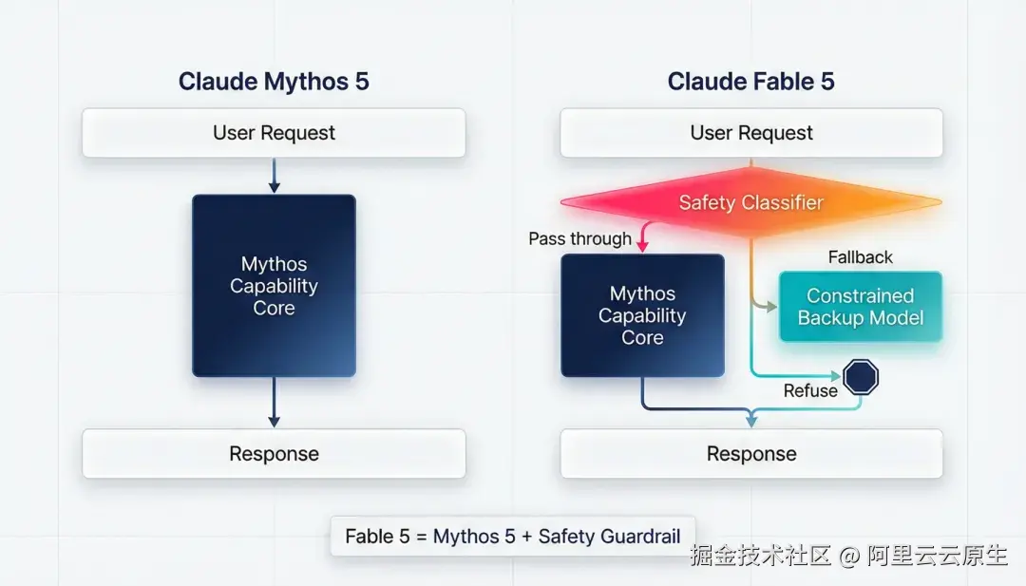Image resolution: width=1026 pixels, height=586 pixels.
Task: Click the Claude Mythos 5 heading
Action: pos(274,82)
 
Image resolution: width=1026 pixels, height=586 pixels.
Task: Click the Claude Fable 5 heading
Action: pos(751,82)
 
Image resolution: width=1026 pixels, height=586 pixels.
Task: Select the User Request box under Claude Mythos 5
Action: pos(275,133)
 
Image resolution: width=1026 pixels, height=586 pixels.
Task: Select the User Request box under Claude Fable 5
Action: pos(751,133)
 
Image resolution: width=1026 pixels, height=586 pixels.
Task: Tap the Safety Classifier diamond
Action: pos(751,202)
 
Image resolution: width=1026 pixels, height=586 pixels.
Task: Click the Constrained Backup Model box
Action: pos(861,307)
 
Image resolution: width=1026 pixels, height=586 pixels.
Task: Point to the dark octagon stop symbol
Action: pos(861,377)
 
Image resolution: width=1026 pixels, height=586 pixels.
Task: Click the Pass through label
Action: pos(579,238)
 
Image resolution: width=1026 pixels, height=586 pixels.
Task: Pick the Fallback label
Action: pos(860,257)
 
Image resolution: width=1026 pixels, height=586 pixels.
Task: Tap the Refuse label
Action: pos(810,390)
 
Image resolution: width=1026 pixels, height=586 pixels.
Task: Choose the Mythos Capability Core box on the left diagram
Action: pos(275,286)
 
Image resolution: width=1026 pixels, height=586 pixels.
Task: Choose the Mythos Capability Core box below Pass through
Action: pos(642,315)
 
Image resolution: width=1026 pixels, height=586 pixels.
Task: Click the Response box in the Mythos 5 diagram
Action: pos(275,454)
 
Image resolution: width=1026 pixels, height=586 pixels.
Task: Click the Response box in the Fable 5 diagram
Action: pos(751,454)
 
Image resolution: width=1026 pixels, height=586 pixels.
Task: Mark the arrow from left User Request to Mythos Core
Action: pos(275,176)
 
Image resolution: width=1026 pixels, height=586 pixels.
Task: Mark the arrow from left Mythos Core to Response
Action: pos(275,402)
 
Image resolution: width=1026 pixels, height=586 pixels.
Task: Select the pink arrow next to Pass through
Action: pos(644,236)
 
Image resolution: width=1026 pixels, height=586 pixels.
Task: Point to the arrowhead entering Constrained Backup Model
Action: pos(771,306)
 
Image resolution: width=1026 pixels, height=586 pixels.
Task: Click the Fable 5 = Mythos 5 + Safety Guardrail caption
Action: pos(513,537)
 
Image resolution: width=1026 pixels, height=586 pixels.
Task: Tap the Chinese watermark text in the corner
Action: pos(848,556)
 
